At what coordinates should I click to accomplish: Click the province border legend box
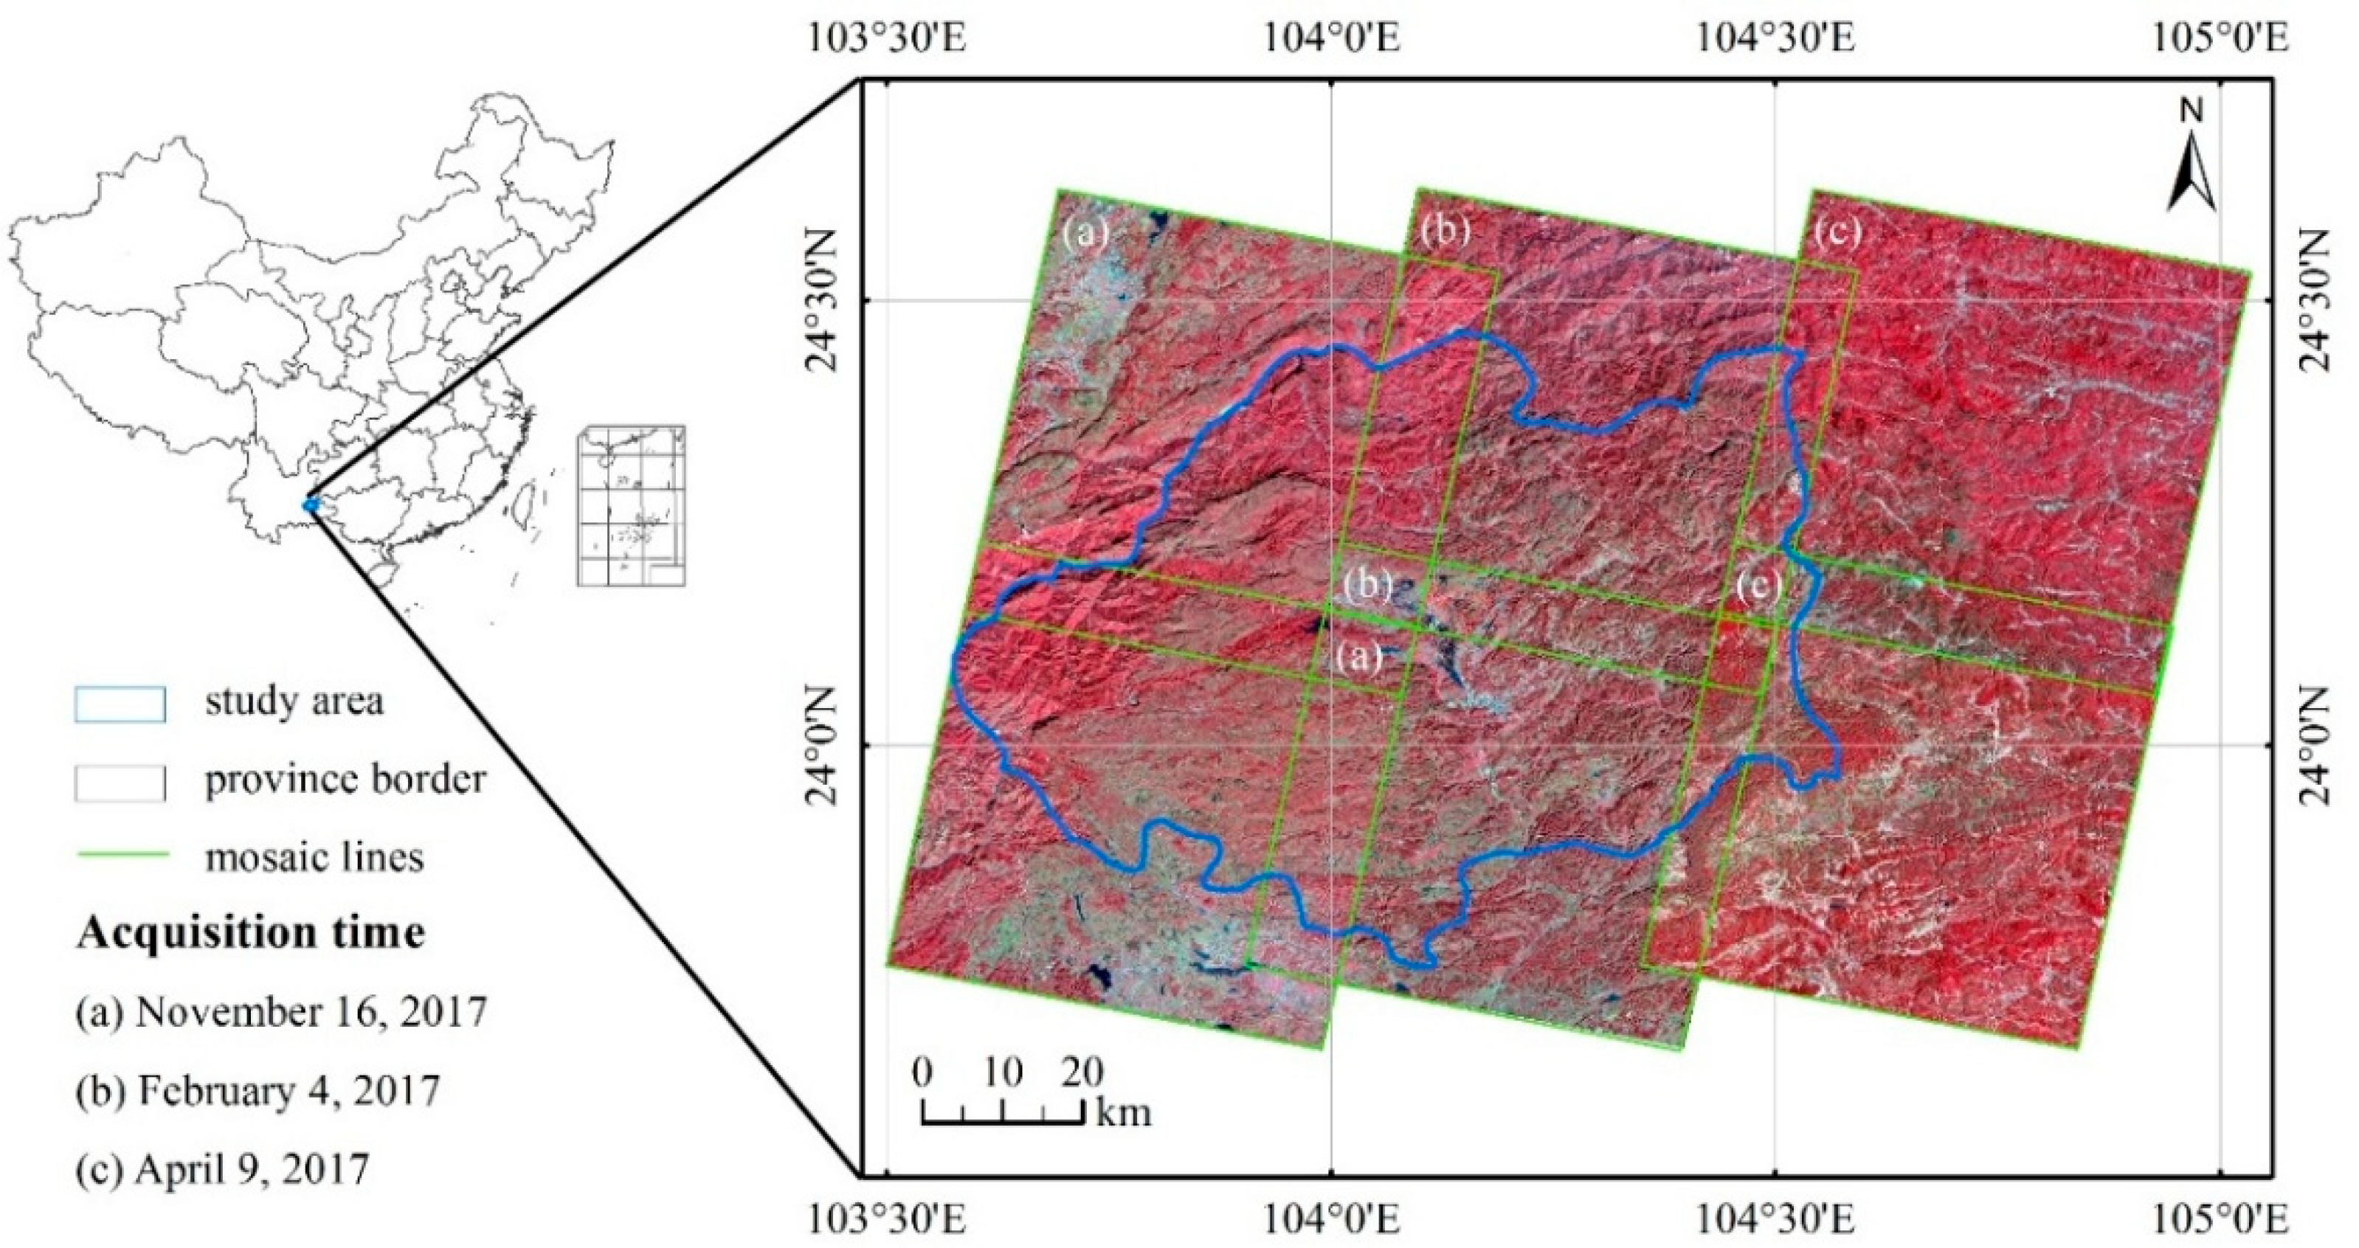point(120,781)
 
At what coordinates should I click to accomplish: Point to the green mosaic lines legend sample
point(120,856)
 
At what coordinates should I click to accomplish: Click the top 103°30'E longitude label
point(886,41)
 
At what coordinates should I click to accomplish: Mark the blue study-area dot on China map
point(311,505)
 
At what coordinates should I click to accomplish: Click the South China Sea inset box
point(631,505)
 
